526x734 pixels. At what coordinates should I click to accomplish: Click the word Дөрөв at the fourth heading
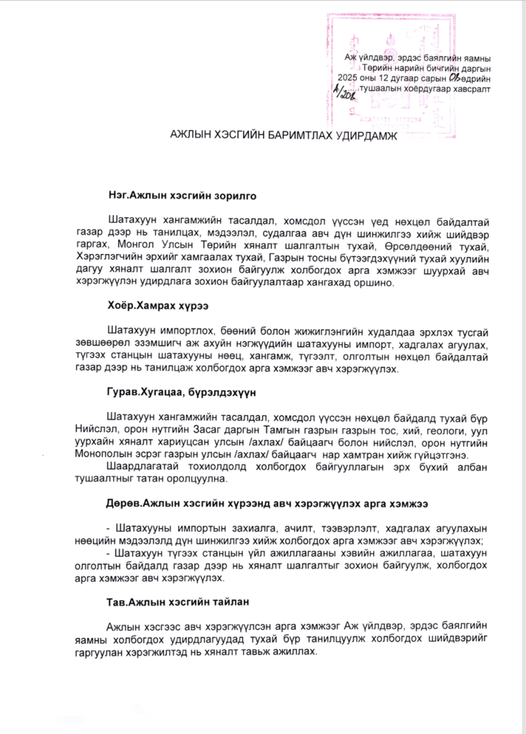(x=123, y=503)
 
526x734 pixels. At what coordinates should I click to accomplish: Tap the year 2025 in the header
(x=361, y=79)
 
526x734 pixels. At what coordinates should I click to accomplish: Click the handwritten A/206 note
(x=342, y=90)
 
